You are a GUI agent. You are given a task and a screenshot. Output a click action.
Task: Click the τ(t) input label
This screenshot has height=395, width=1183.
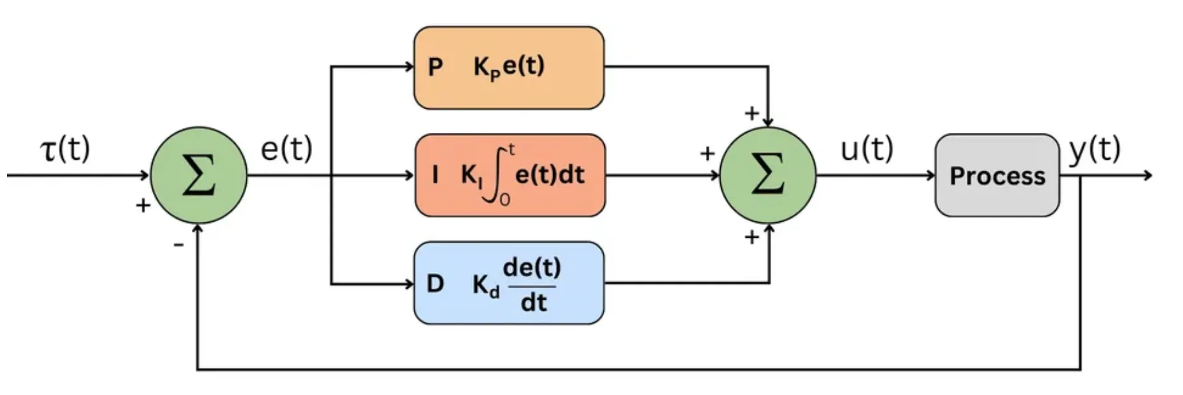tap(65, 150)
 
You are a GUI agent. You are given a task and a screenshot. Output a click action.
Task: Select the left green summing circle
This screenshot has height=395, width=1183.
tap(198, 175)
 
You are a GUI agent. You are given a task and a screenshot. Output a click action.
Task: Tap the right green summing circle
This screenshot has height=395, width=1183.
tap(767, 175)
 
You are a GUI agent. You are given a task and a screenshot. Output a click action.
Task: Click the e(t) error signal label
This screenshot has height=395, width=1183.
tap(286, 150)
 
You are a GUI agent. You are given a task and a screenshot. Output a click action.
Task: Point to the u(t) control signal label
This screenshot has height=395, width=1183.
tap(866, 150)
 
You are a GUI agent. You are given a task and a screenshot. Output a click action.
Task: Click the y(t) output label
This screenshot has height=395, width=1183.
tap(1095, 150)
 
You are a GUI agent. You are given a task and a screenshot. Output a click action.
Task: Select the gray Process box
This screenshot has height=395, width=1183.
tap(997, 175)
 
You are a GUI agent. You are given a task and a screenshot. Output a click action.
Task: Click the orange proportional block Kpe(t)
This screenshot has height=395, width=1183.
tap(509, 67)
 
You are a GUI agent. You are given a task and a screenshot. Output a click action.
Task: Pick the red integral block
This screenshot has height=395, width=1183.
tap(510, 175)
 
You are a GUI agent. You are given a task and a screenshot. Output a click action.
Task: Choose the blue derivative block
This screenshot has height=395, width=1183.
tap(509, 283)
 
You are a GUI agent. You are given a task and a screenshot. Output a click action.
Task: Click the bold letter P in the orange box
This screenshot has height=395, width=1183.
tap(435, 67)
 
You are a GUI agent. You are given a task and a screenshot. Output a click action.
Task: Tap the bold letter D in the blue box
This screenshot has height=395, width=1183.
tap(435, 283)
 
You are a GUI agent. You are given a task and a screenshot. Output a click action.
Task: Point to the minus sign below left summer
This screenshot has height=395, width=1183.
tap(178, 244)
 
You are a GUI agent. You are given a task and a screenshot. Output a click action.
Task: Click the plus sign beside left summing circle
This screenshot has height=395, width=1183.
tap(143, 205)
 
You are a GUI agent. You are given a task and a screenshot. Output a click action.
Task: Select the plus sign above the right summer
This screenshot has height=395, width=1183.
tap(752, 113)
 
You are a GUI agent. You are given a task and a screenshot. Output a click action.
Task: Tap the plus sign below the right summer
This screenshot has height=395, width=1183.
tap(752, 237)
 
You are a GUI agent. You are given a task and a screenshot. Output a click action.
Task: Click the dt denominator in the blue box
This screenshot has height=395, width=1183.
tap(533, 302)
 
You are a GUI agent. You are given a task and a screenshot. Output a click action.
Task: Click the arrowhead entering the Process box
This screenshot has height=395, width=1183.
tap(931, 175)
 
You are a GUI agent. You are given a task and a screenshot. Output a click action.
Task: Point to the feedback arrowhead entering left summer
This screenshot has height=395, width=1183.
tap(198, 229)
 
